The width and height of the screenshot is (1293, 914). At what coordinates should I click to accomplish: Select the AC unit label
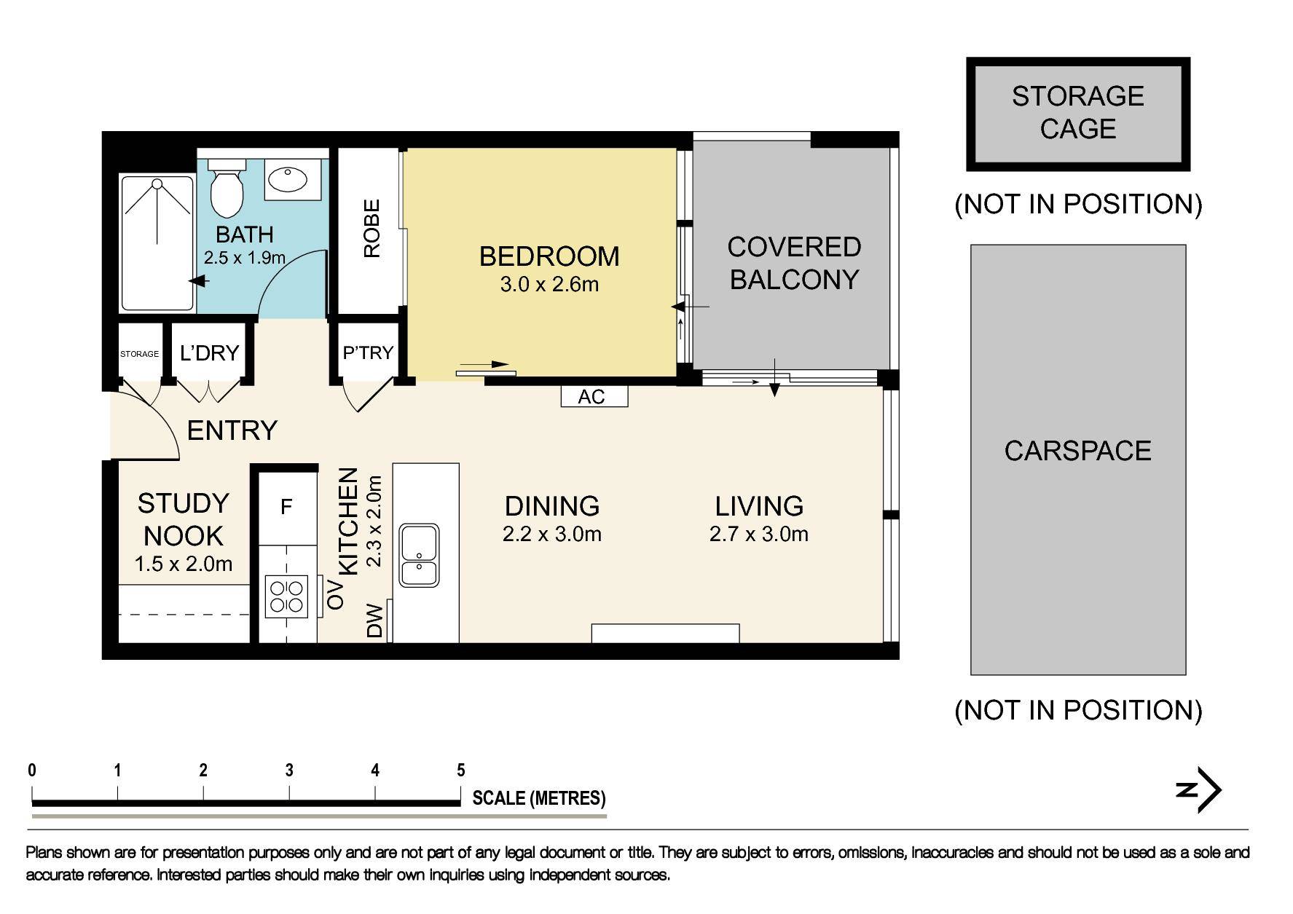[592, 396]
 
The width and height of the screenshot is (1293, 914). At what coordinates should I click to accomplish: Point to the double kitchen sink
[419, 555]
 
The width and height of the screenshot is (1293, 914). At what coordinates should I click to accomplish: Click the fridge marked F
[286, 506]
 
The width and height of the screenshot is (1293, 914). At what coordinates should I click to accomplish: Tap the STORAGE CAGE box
[1077, 113]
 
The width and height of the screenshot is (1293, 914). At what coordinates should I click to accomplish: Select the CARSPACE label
[1077, 451]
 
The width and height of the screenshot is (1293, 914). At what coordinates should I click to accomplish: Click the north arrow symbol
[1200, 789]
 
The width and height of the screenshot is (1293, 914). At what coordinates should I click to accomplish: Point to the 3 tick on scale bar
[289, 771]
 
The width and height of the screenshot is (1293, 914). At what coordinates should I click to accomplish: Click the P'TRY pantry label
[368, 352]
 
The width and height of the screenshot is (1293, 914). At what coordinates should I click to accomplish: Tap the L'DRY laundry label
[209, 352]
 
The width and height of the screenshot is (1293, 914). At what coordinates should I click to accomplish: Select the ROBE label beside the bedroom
[372, 229]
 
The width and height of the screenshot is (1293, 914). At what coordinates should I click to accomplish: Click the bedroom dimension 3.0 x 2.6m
[549, 284]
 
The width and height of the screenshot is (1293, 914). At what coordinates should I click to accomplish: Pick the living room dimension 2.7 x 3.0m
[758, 534]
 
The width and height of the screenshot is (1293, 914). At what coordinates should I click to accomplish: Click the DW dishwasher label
[374, 621]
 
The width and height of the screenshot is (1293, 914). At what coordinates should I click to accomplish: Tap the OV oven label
[336, 594]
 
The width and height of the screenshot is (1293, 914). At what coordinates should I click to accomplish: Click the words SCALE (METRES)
[539, 798]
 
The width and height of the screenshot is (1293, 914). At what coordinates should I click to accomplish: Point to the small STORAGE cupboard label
[139, 354]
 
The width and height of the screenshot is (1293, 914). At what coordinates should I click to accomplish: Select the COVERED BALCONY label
[794, 263]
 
